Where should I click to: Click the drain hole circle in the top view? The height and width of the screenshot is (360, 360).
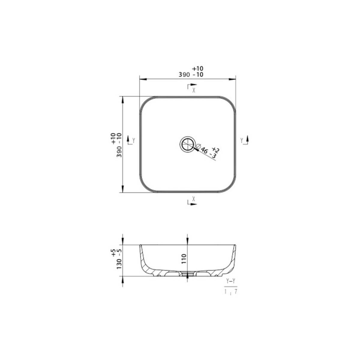[x=187, y=144]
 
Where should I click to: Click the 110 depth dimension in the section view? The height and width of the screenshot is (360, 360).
[x=184, y=259]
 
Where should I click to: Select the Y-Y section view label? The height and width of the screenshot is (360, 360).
[x=231, y=281]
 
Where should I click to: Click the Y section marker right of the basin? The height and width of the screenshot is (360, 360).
[x=244, y=140]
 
